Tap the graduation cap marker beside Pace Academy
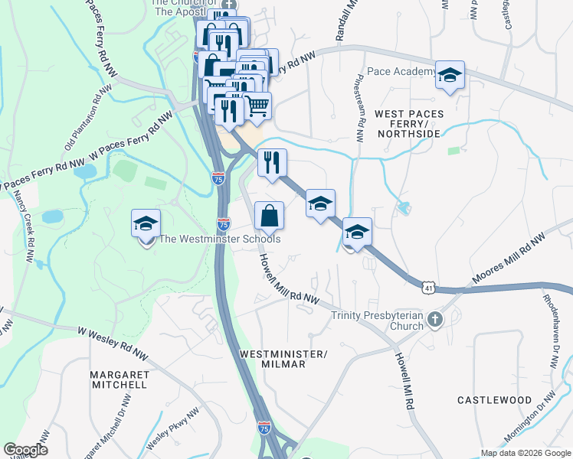click(x=450, y=75)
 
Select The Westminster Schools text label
click(x=219, y=239)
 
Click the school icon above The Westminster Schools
click(x=146, y=224)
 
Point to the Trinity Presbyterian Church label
click(x=377, y=321)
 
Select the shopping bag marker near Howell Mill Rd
click(x=269, y=216)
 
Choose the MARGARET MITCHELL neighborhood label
click(x=118, y=379)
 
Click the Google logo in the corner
click(x=25, y=450)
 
